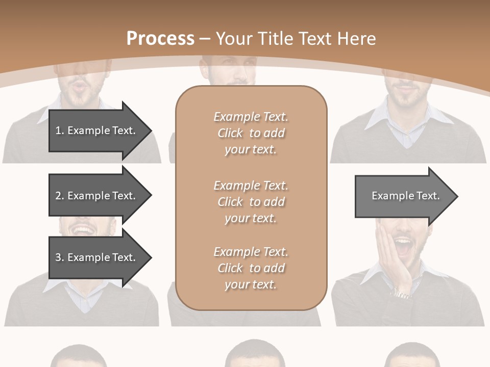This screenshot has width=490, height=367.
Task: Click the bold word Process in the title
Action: [x=160, y=39]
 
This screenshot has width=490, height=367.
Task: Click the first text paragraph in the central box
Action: [x=251, y=133]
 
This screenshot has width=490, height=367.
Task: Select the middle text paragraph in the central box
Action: [x=251, y=201]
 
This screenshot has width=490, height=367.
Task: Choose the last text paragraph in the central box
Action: [x=251, y=268]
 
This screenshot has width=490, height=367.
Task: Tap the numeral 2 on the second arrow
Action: [x=58, y=196]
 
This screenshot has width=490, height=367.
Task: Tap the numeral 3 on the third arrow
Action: [x=58, y=257]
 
